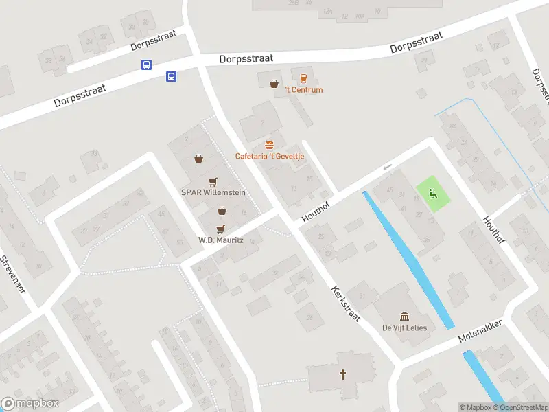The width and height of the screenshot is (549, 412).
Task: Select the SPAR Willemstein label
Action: [x=213, y=192]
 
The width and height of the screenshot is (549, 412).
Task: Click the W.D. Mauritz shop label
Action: [x=220, y=240]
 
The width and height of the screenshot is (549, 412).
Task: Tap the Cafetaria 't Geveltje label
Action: [x=270, y=156]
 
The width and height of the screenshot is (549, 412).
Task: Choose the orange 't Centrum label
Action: [x=304, y=90]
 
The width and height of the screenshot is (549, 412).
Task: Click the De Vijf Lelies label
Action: [x=404, y=328]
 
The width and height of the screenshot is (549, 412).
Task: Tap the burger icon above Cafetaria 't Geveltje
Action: [x=270, y=145]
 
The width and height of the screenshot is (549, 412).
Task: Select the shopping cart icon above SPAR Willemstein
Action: [x=213, y=181]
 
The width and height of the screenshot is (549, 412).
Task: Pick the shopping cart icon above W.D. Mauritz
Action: [x=220, y=229]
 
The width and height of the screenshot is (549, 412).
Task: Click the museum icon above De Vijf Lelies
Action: [x=404, y=316]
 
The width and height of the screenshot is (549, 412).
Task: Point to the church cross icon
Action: [x=342, y=374]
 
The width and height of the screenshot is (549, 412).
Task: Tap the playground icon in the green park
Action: [x=432, y=193]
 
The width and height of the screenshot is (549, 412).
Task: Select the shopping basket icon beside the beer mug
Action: [x=274, y=84]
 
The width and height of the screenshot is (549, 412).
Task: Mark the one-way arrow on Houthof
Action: [x=388, y=168]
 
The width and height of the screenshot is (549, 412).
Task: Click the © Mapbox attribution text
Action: [x=476, y=407]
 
